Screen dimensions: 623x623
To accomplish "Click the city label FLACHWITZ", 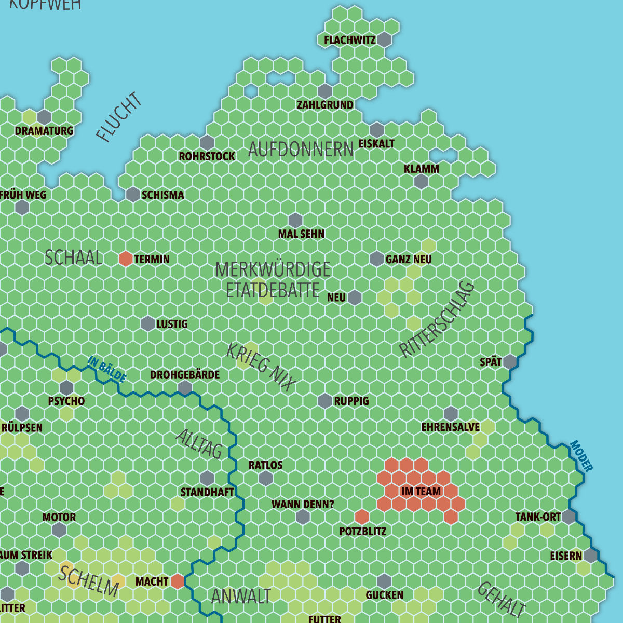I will pos(349,40).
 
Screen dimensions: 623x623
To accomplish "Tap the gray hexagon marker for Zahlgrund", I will pos(325,91).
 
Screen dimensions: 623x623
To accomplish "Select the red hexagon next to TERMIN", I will pos(126,259).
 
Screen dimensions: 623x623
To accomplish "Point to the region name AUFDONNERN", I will pos(301,150).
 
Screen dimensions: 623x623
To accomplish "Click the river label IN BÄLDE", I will pos(107,369).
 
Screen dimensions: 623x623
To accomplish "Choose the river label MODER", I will pos(581,456).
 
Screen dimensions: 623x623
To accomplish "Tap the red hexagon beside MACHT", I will pos(178,581).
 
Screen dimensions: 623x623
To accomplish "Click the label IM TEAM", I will pos(421,491).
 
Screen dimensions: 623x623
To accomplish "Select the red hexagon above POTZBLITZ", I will pos(362,517).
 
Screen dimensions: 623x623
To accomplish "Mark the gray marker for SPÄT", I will pos(510,362).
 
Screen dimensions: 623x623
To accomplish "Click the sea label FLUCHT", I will pos(119,117).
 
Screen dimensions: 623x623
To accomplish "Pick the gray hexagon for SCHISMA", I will pos(133,194).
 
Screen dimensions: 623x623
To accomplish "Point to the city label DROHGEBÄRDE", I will pos(185,375).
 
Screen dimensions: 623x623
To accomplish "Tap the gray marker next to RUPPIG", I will pos(325,401).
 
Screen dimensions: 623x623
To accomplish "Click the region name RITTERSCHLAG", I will pos(437,319).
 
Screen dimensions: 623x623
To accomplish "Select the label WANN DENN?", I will pos(303,504).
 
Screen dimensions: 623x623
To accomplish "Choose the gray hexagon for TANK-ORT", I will pos(568,517).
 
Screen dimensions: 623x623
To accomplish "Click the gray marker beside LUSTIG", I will pos(148,323).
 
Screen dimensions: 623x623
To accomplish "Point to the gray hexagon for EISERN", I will pos(590,556).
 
